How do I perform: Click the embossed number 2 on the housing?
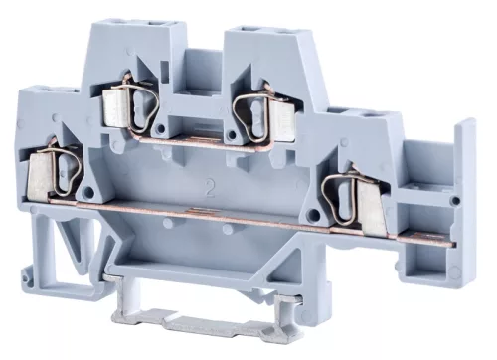click(x=207, y=184)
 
